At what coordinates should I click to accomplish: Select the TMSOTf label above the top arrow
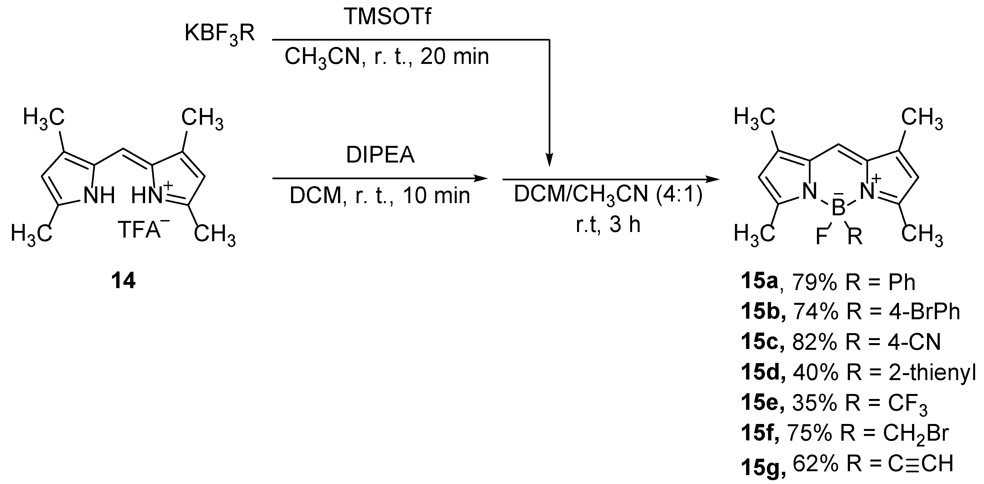tap(388, 16)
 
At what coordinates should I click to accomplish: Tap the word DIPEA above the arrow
tap(380, 155)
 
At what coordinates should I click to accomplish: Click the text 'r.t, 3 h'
tap(608, 224)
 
